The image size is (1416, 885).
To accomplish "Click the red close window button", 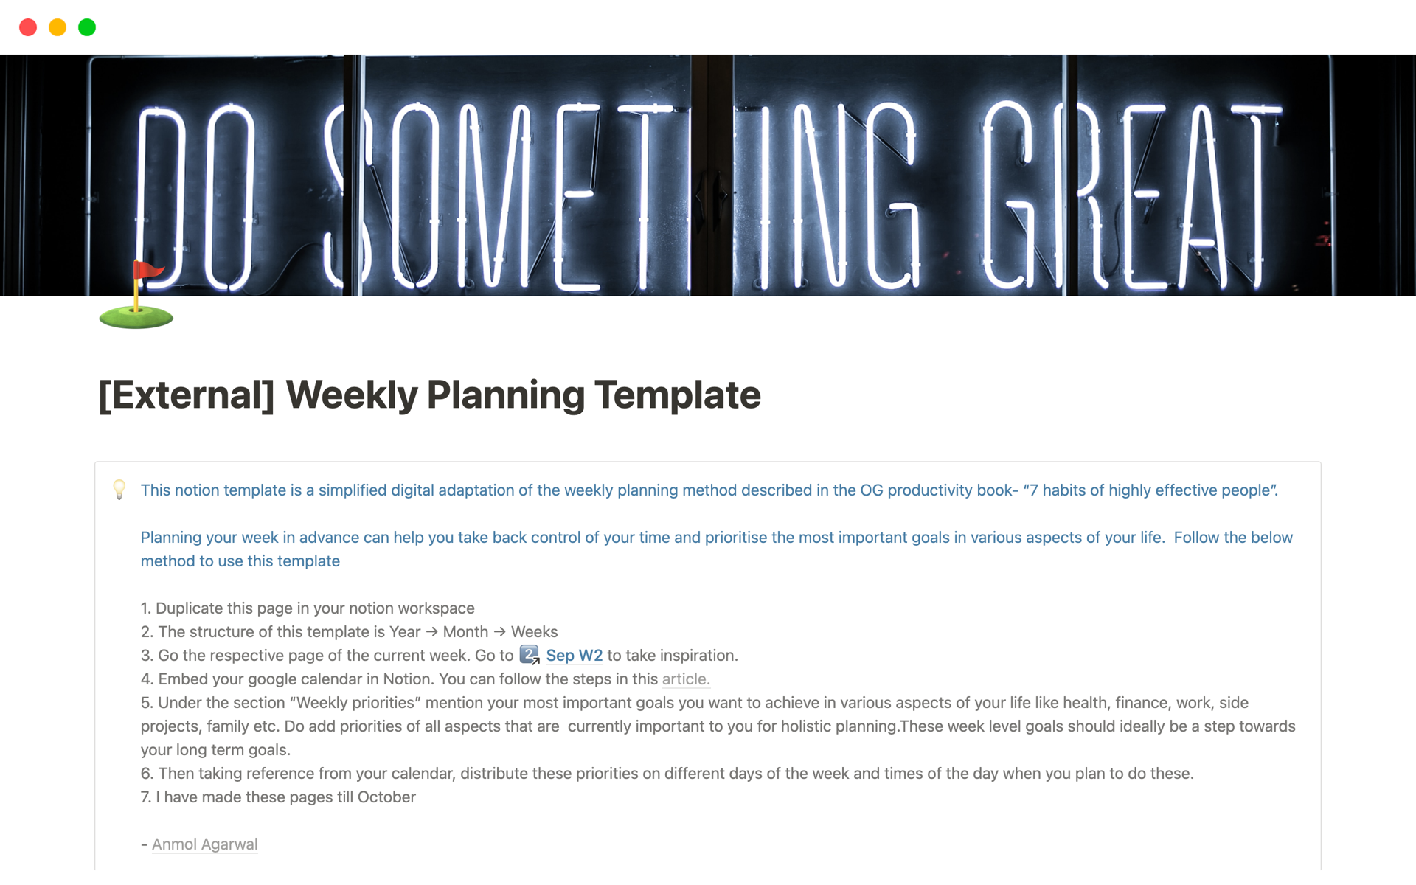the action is pos(28,27).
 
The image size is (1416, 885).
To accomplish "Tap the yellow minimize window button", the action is pos(58,27).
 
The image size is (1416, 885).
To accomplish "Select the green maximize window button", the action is pos(87,27).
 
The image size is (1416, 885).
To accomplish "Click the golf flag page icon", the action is pos(136,294).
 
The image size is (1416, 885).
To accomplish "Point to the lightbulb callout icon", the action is pos(119,490).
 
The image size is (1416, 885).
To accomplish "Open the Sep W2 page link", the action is pos(574,656).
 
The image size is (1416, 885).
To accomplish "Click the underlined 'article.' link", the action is pos(686,679).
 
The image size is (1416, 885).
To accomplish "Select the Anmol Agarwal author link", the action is pos(204,844).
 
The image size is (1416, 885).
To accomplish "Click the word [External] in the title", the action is pos(187,395).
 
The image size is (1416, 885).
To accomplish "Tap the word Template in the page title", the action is pos(678,395).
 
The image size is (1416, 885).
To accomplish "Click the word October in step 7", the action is pos(386,797).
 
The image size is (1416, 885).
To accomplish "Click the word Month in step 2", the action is pos(465,632).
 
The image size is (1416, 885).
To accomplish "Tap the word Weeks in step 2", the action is pos(534,632).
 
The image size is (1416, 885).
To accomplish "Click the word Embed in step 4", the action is pos(181,679).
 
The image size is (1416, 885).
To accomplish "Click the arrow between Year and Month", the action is pos(432,632).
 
